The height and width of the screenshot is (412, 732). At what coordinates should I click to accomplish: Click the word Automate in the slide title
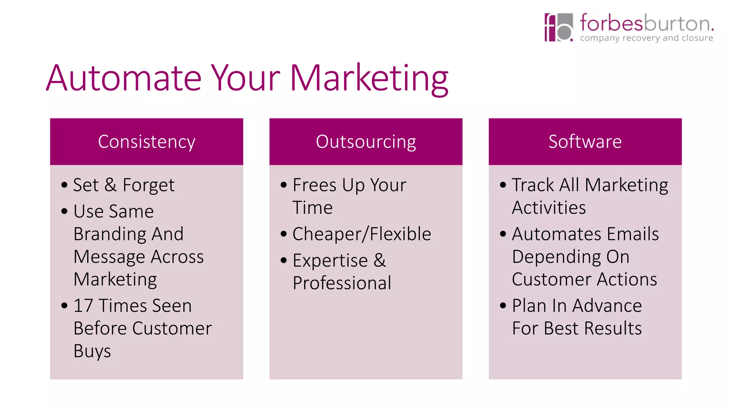(x=124, y=78)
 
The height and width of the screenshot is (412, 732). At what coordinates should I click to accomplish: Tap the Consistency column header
(x=147, y=142)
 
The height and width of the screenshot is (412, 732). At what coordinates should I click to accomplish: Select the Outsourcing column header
(x=366, y=142)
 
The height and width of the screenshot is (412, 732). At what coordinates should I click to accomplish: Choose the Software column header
(x=585, y=142)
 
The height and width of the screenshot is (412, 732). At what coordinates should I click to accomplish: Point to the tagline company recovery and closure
(x=646, y=38)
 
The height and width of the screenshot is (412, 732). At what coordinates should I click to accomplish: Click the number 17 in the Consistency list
(x=83, y=306)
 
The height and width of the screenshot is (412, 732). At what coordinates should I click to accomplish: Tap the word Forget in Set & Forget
(x=148, y=185)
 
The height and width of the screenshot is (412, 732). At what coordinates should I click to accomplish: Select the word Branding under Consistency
(x=110, y=234)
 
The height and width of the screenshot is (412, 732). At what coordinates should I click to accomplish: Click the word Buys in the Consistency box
(x=92, y=351)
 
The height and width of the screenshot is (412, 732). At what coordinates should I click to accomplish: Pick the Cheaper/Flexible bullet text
(x=362, y=234)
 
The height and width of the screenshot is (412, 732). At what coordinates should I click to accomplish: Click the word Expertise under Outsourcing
(x=330, y=260)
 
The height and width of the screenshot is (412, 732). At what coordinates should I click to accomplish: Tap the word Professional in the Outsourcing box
(x=342, y=283)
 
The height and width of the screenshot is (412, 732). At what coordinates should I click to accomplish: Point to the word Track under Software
(x=533, y=185)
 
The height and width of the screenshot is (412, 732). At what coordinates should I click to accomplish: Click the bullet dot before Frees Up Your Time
(x=284, y=185)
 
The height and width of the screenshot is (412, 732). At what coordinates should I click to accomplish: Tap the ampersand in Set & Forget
(x=110, y=185)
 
